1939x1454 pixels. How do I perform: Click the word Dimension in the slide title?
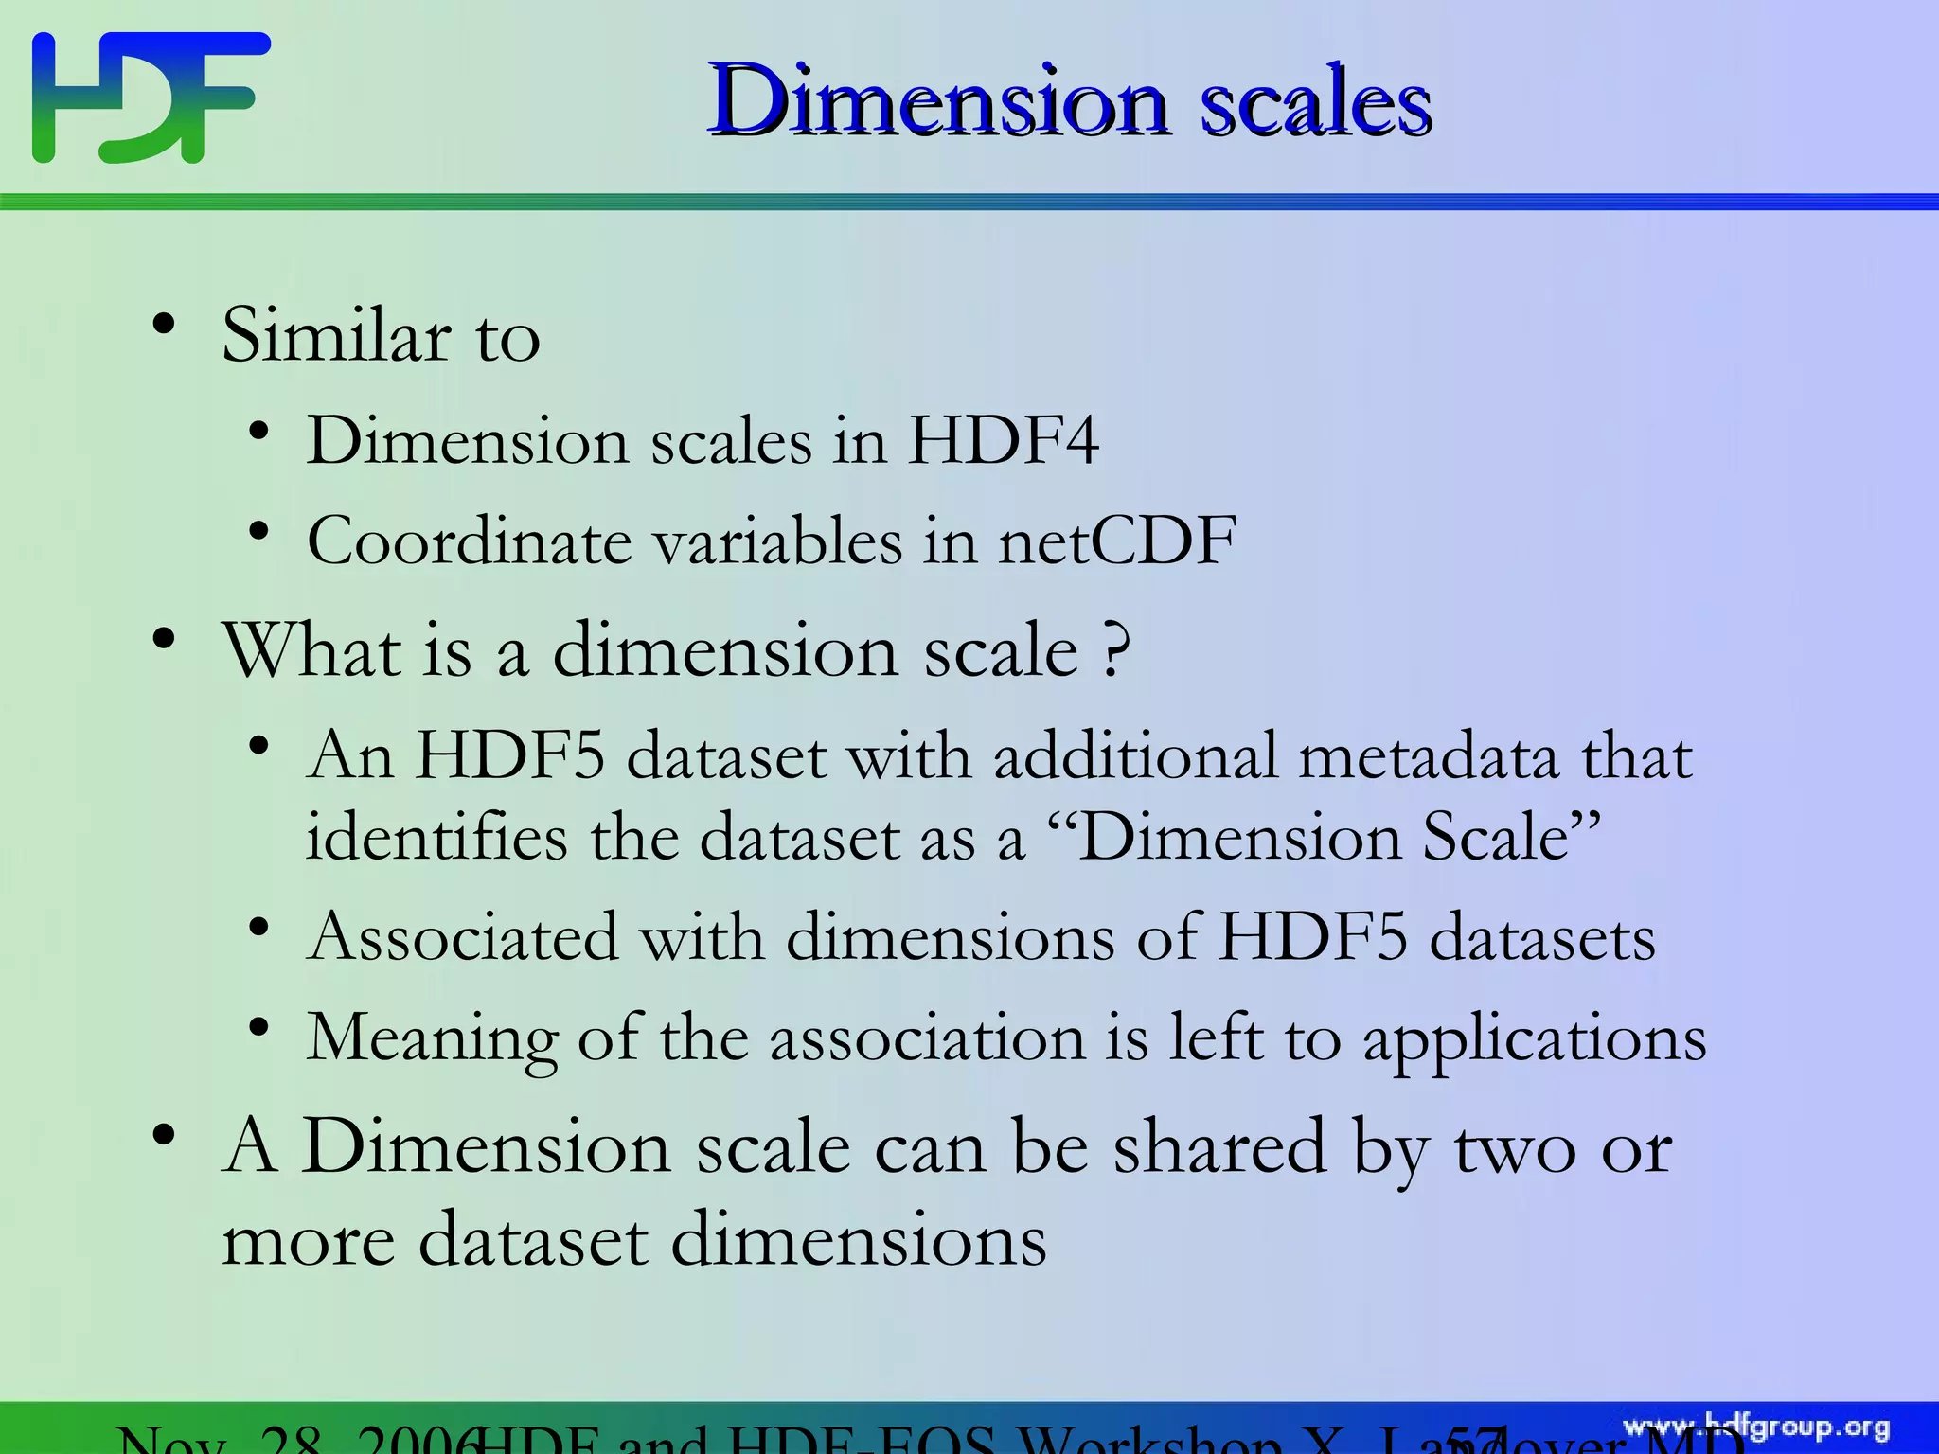click(938, 100)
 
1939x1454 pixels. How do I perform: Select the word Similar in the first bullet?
click(336, 336)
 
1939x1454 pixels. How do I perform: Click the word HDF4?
click(1004, 441)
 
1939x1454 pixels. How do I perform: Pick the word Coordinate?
click(470, 541)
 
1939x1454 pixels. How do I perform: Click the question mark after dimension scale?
click(1116, 651)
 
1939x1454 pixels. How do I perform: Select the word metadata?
click(1428, 757)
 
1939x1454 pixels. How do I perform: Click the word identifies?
click(436, 839)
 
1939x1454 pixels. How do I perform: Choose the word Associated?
click(463, 937)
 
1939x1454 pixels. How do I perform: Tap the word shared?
click(1219, 1147)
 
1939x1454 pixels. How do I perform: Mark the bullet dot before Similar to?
click(164, 325)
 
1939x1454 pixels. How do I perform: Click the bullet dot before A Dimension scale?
click(164, 1134)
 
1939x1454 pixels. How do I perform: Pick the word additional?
click(1134, 757)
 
